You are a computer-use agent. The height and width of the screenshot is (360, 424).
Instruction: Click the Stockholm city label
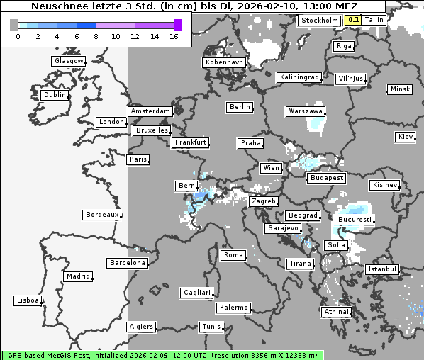point(319,21)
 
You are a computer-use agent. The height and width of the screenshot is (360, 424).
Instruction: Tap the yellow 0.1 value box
point(352,21)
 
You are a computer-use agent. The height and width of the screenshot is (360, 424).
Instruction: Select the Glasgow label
point(69,61)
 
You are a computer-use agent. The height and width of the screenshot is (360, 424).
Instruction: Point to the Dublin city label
point(54,95)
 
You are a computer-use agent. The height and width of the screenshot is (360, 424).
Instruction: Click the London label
point(111,122)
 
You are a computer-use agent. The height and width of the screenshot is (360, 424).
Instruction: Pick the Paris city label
point(138,159)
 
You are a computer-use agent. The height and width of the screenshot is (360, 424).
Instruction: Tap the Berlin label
point(240,107)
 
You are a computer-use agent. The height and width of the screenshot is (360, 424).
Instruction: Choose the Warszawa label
point(306,111)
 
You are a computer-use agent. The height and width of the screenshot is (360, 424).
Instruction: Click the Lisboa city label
point(28,300)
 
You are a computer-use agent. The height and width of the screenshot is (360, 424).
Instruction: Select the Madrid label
point(77,276)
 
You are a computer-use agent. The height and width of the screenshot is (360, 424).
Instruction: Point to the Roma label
point(233,255)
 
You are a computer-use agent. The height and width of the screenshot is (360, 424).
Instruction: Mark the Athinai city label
point(336,312)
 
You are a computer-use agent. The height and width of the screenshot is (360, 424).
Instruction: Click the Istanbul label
point(382,270)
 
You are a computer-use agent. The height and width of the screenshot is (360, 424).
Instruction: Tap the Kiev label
point(406,137)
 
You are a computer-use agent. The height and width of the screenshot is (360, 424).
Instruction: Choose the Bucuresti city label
point(354,220)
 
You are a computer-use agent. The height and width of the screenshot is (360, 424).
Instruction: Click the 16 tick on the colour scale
point(174,36)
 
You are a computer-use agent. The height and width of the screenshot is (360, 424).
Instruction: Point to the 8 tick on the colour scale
point(96,36)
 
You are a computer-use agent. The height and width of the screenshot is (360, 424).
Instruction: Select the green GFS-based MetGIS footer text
point(162,355)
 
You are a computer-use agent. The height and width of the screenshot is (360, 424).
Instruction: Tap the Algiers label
point(140,327)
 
